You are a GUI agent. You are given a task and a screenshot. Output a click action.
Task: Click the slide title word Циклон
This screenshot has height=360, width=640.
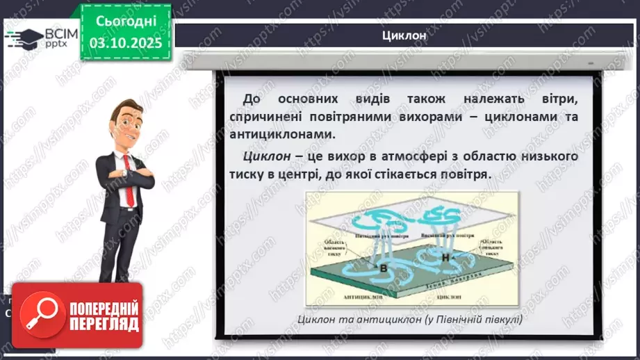pos(403,36)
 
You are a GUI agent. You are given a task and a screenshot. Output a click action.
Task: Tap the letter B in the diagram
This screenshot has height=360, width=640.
pos(381,267)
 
